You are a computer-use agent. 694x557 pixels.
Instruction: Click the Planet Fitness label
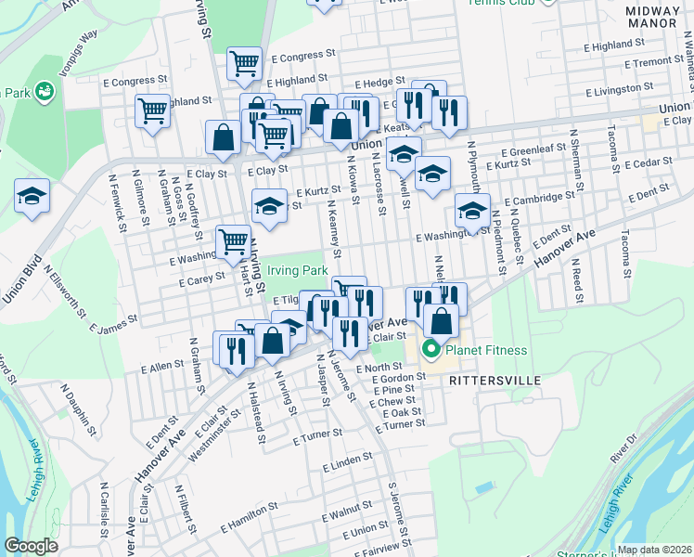tap(486, 350)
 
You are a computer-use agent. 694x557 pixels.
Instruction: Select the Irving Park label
tap(298, 270)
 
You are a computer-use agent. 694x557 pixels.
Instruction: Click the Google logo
tap(32, 546)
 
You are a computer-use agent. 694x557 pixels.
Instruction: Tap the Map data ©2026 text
tap(654, 550)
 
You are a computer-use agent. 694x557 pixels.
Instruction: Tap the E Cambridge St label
tap(539, 199)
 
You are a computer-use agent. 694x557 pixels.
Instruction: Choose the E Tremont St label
tap(653, 62)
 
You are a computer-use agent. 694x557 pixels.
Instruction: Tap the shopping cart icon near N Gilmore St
tap(152, 110)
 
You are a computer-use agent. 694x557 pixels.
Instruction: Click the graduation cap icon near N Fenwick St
tap(32, 196)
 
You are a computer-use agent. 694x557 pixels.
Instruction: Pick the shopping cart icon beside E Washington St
tap(234, 241)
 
